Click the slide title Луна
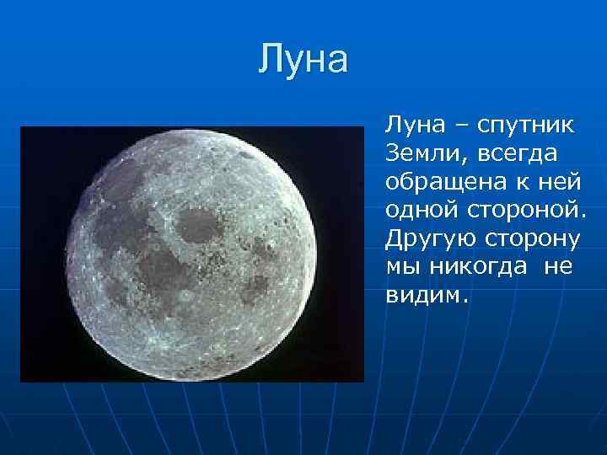303,61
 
